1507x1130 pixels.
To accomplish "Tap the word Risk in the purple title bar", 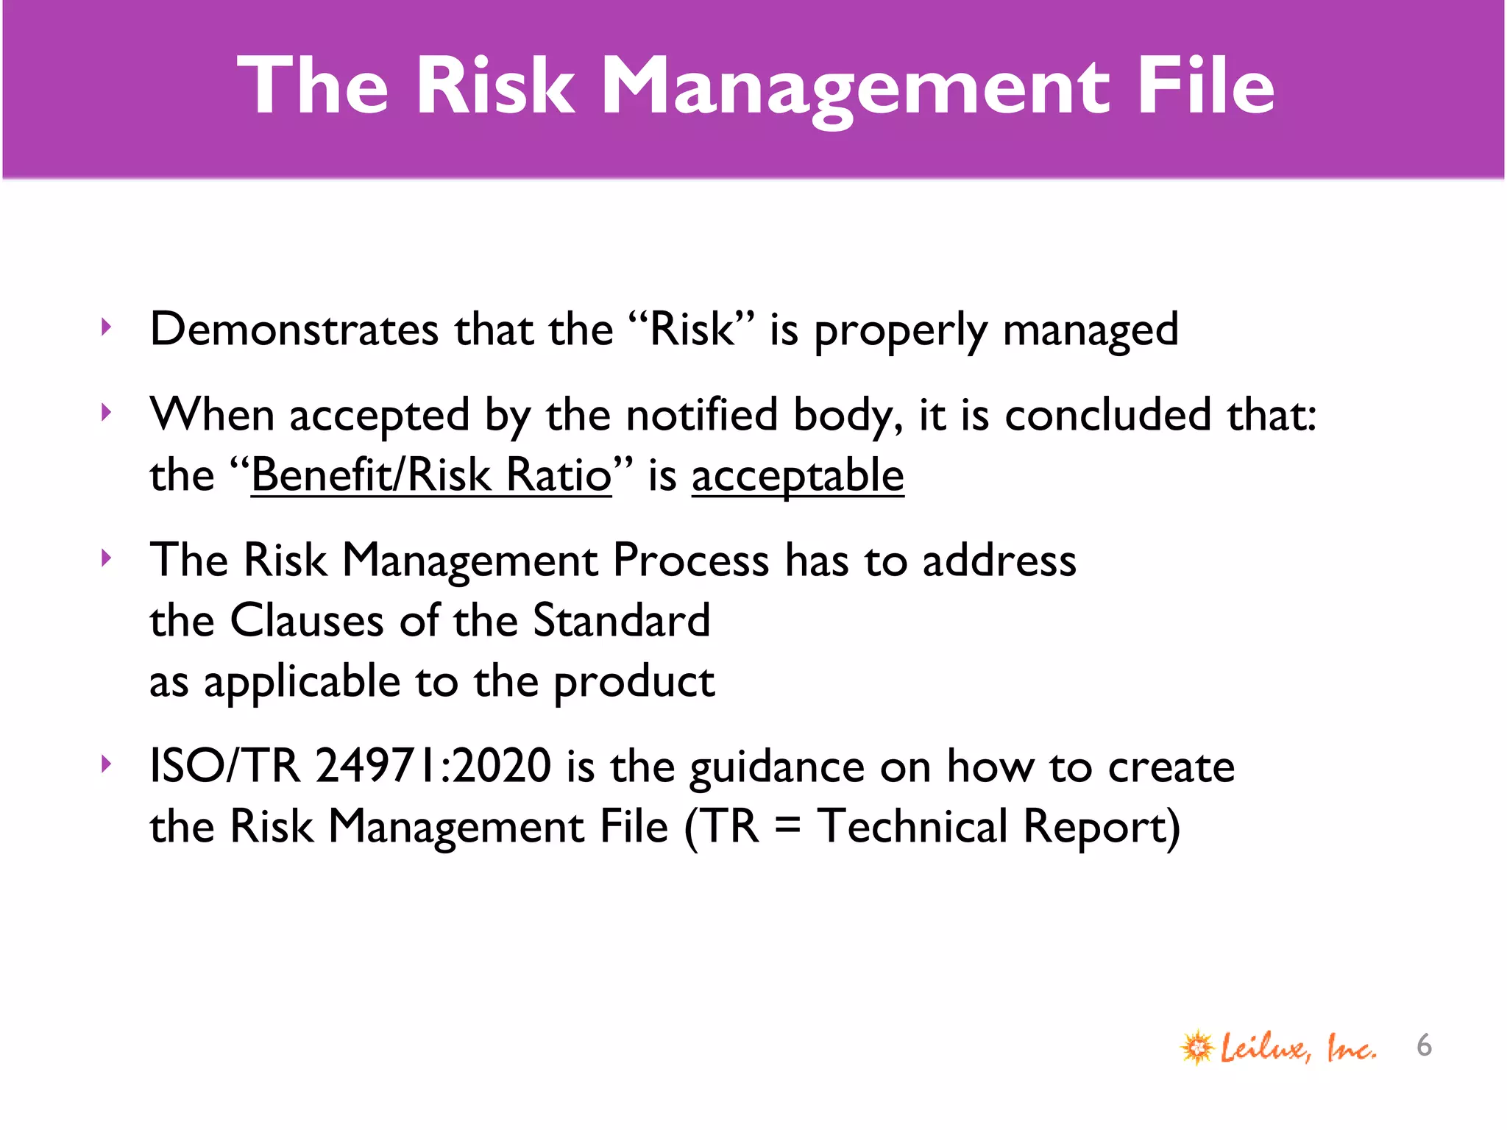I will pyautogui.click(x=494, y=86).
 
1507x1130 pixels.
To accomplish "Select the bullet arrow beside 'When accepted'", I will pyautogui.click(x=107, y=413).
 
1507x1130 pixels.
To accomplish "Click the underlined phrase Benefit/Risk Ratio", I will pyautogui.click(x=431, y=475).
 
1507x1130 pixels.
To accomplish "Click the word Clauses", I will pyautogui.click(x=307, y=620).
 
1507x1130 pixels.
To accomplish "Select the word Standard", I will pyautogui.click(x=621, y=620).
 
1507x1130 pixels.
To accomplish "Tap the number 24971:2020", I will pyautogui.click(x=433, y=766).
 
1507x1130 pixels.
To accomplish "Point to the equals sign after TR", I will pyautogui.click(x=787, y=826).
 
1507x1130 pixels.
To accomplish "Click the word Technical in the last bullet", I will pyautogui.click(x=912, y=826).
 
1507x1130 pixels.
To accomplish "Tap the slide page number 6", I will pyautogui.click(x=1424, y=1045).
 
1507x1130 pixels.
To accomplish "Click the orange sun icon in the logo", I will pyautogui.click(x=1197, y=1047).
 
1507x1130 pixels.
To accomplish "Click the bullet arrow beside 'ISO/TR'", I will pyautogui.click(x=107, y=764).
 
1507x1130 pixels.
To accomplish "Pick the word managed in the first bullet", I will pyautogui.click(x=1090, y=330).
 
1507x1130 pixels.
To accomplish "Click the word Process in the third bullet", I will pyautogui.click(x=691, y=561).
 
